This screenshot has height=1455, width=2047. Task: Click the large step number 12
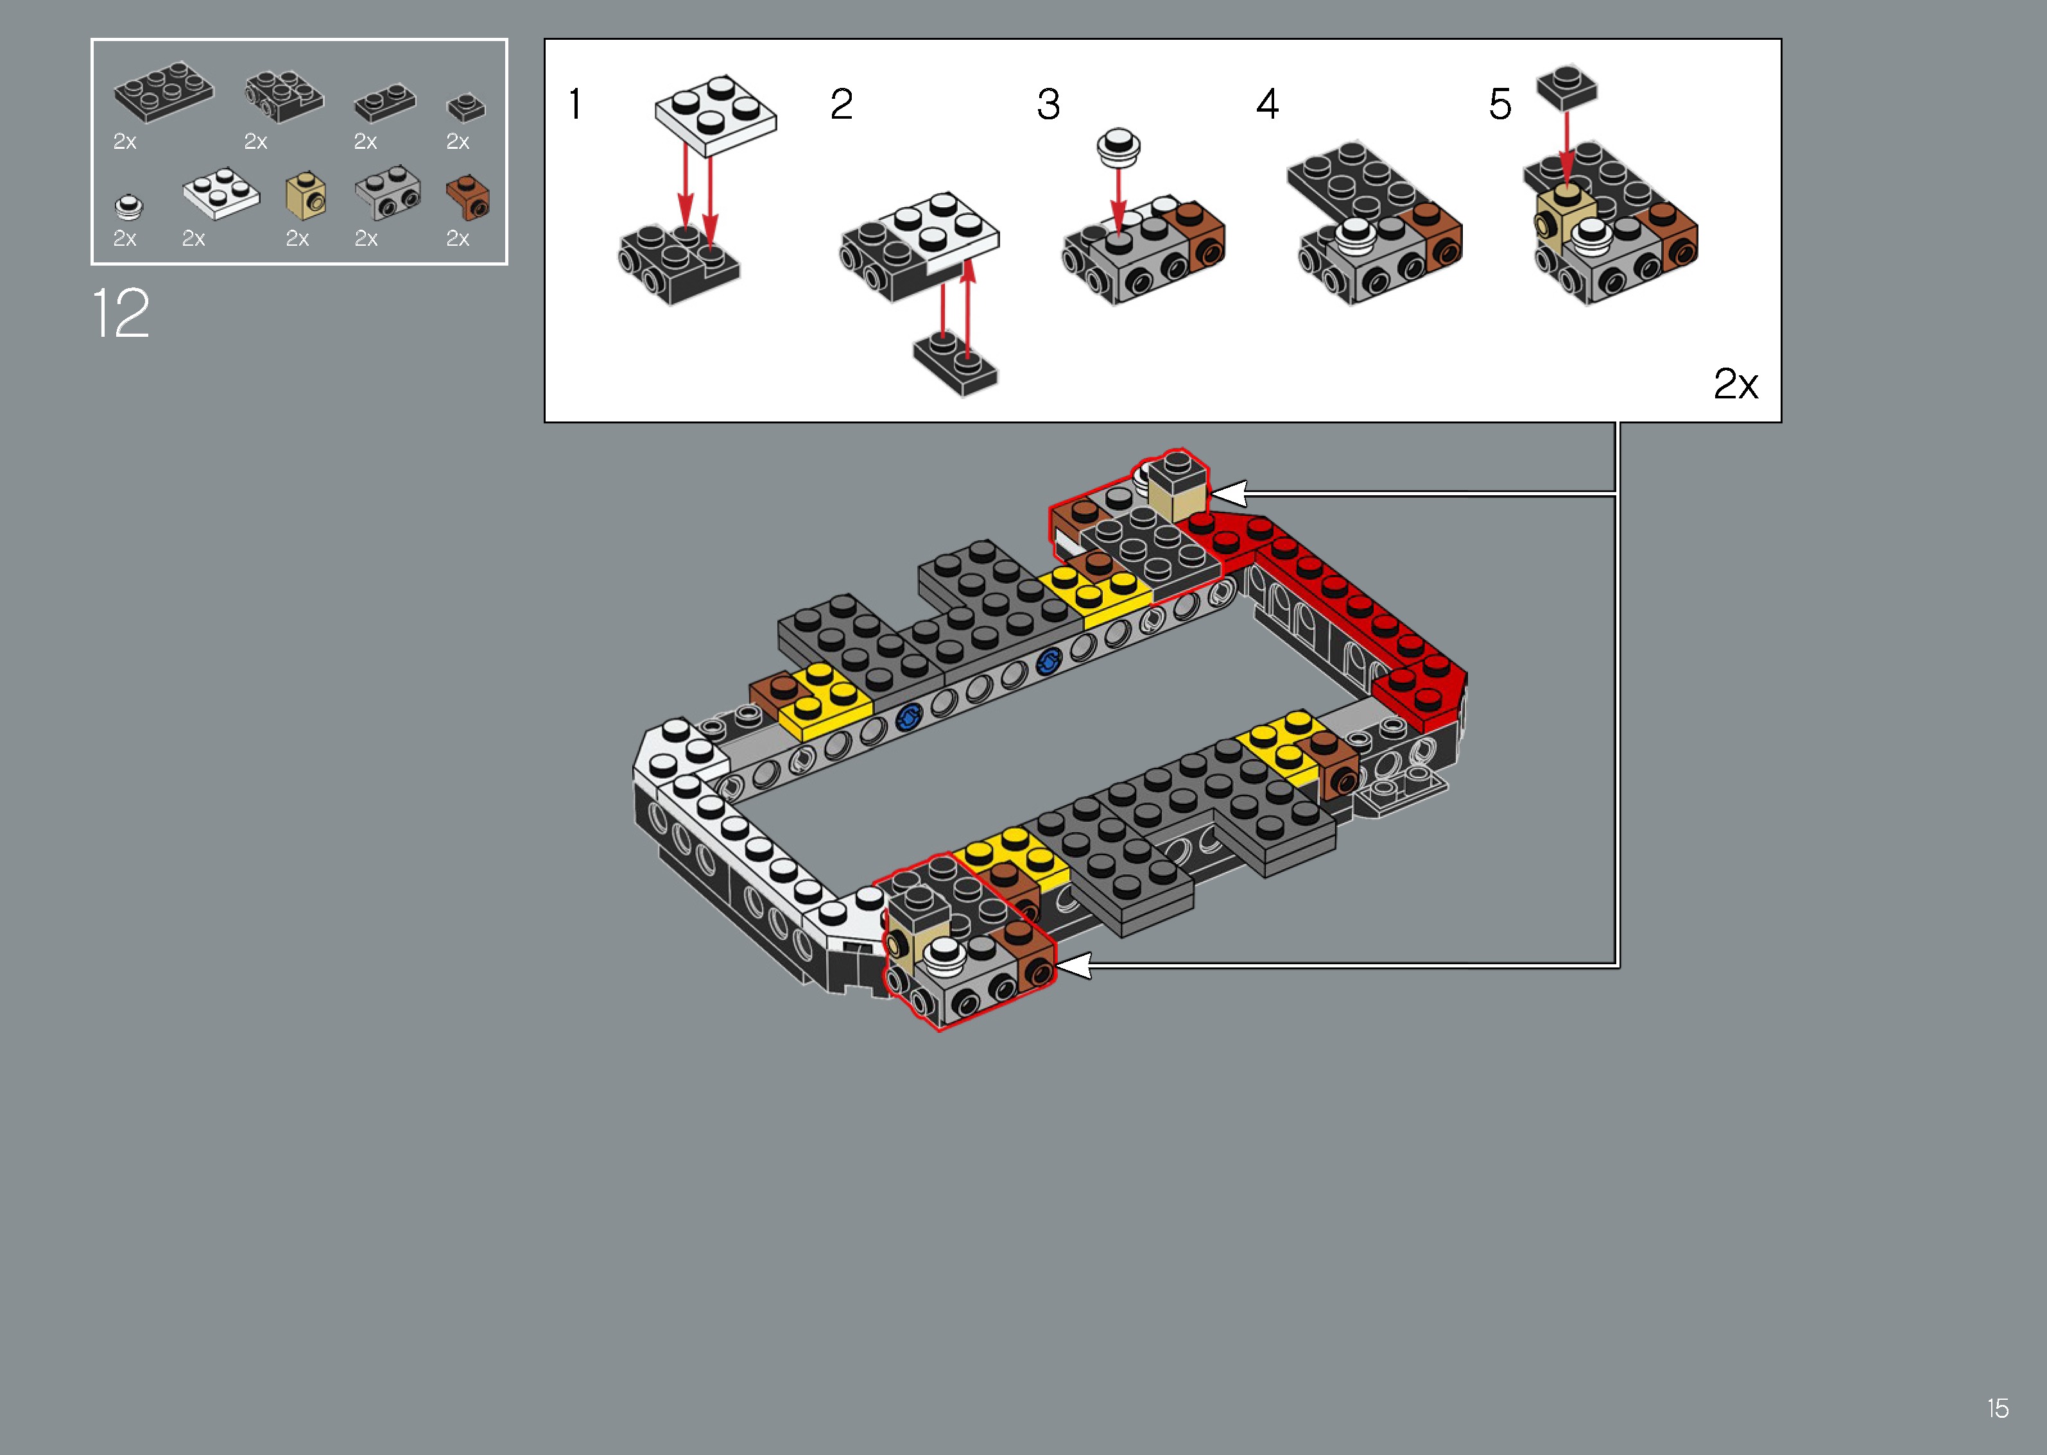121,314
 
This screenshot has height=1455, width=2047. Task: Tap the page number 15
1998,1408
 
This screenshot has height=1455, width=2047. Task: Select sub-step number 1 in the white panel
575,104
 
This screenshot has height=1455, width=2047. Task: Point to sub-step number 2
841,104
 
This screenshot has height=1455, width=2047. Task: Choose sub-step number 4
1266,104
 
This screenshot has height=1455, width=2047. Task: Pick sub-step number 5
1500,104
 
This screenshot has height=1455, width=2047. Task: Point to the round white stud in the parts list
128,207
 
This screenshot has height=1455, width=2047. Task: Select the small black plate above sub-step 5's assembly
1566,87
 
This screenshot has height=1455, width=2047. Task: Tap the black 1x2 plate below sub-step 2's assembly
955,363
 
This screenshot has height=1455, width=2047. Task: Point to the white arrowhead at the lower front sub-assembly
1074,965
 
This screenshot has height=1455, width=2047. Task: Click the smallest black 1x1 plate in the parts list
466,108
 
